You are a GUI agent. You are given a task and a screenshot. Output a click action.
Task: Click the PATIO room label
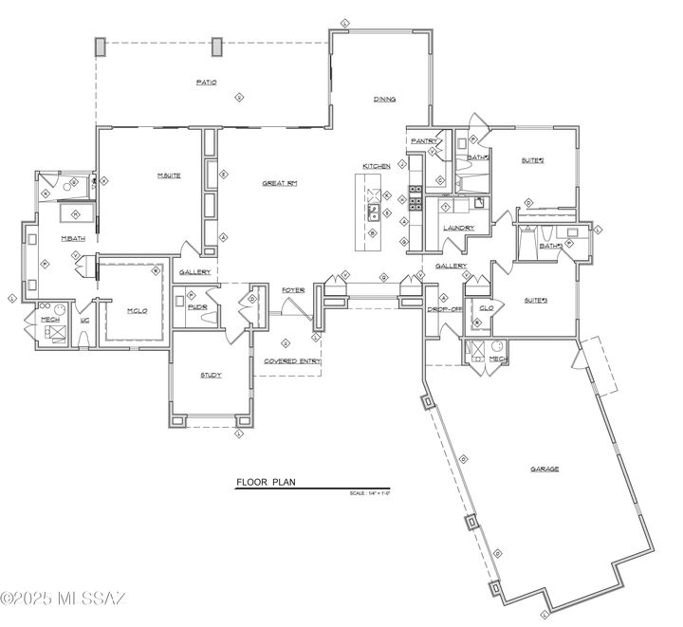coord(206,83)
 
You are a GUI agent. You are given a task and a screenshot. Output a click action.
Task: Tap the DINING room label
coord(384,99)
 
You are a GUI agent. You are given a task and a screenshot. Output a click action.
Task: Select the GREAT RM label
coord(280,183)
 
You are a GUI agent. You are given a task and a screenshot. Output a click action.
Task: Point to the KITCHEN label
coord(376,166)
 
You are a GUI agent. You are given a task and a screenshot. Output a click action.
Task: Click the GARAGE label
coord(545,469)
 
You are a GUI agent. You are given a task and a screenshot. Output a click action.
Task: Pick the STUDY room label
coord(211,375)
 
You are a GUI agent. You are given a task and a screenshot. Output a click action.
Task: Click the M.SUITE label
coord(169,175)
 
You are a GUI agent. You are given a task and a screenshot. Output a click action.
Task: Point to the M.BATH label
coord(74,238)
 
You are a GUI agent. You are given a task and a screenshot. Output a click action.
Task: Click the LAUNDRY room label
coord(458,228)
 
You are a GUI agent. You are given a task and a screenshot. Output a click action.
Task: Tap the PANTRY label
coord(423,140)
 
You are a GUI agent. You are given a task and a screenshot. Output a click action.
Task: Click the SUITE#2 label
coord(533,160)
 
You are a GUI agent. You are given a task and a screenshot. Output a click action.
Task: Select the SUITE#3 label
coord(536,301)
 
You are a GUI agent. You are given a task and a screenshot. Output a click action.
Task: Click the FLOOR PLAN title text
coord(267,482)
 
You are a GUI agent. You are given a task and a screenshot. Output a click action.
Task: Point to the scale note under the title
coord(370,493)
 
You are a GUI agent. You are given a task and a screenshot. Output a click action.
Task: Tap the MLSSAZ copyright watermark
coord(63,599)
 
